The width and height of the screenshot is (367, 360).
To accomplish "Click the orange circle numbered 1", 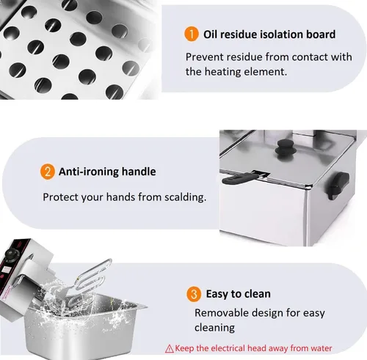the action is [x=192, y=34].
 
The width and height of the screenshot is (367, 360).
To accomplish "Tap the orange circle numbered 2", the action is [x=47, y=172].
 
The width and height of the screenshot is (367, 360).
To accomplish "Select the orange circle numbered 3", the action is [x=194, y=294].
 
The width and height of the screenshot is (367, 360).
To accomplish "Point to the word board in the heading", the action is [x=321, y=34].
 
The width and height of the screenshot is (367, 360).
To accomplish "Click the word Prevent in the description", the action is [x=204, y=57].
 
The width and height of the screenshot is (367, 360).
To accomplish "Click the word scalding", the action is [x=186, y=197].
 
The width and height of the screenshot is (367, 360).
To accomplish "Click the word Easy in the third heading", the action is [x=217, y=294].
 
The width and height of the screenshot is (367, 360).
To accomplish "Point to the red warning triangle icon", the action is [x=170, y=348].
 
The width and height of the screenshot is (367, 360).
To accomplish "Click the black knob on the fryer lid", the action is [x=283, y=149].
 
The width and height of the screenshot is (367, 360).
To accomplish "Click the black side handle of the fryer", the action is [x=338, y=185].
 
